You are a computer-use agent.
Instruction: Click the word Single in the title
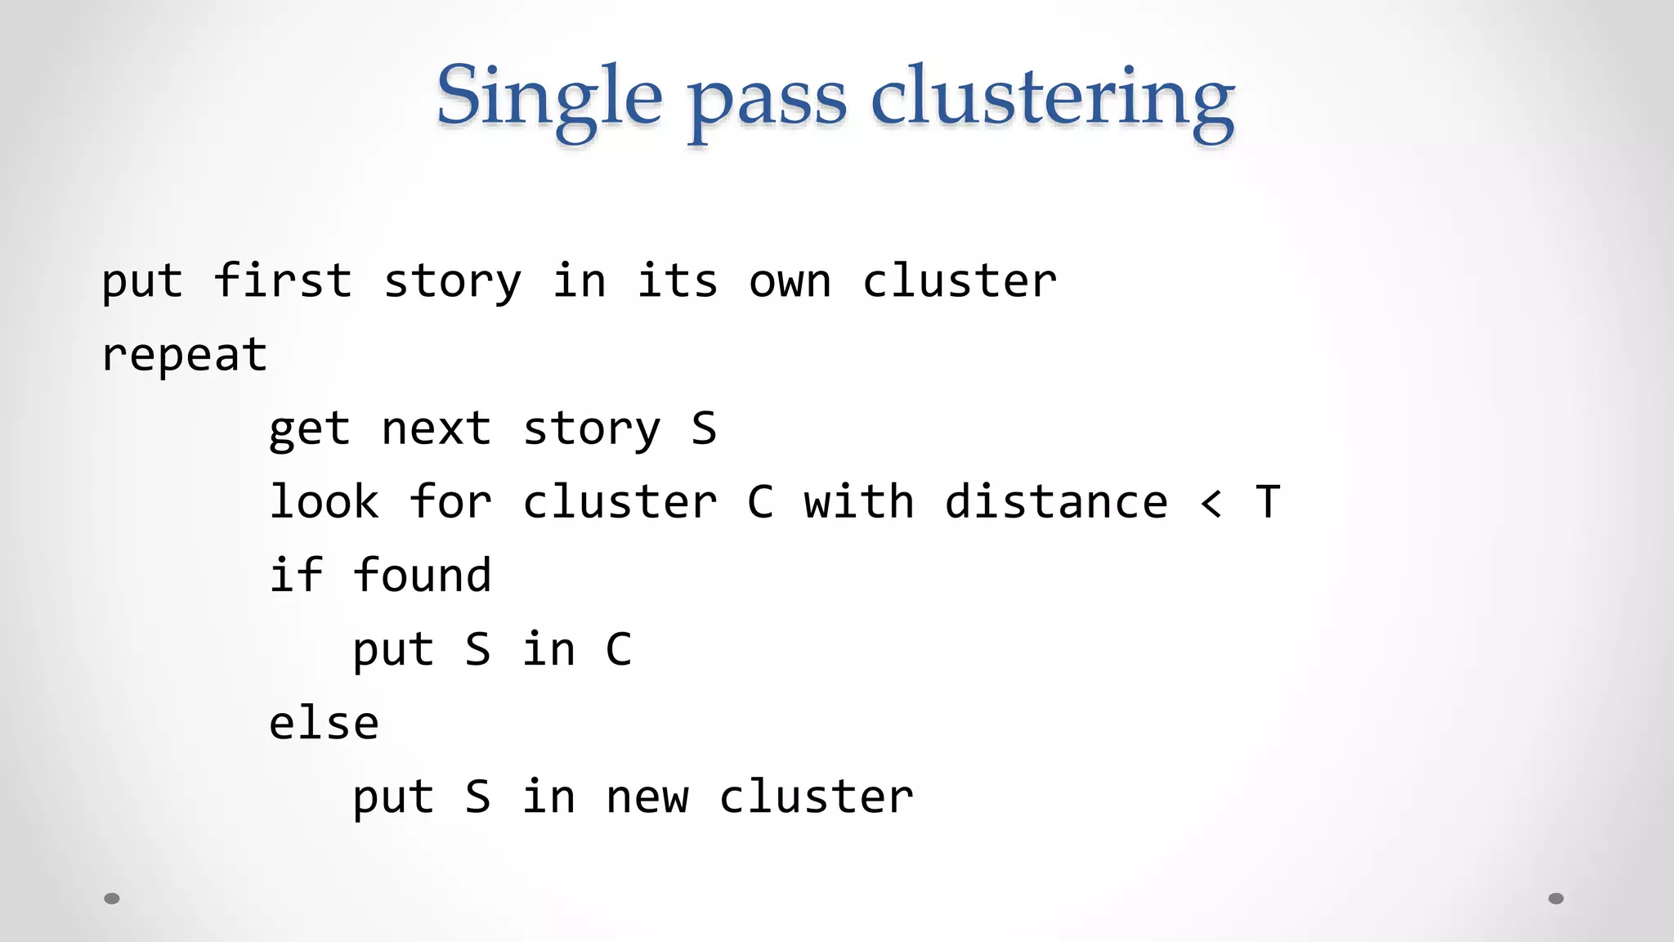(548, 98)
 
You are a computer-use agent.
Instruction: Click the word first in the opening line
(283, 280)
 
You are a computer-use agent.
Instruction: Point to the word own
(790, 282)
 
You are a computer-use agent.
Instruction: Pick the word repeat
(185, 356)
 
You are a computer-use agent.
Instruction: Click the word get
(310, 429)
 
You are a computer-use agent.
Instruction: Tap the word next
(436, 428)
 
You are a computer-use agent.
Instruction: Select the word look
(325, 501)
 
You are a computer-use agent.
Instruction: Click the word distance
(1056, 501)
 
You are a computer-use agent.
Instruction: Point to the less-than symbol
(1211, 503)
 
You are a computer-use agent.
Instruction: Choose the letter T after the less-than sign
(1267, 501)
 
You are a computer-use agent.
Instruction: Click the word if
(296, 575)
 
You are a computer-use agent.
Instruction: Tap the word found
(423, 575)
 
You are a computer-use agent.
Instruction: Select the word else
(325, 723)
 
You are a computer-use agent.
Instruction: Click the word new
(647, 797)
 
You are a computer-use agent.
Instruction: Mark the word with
(858, 501)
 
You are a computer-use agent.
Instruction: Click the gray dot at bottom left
(112, 899)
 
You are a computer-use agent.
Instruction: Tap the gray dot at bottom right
(1556, 899)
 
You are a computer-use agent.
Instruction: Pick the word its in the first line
(678, 280)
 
